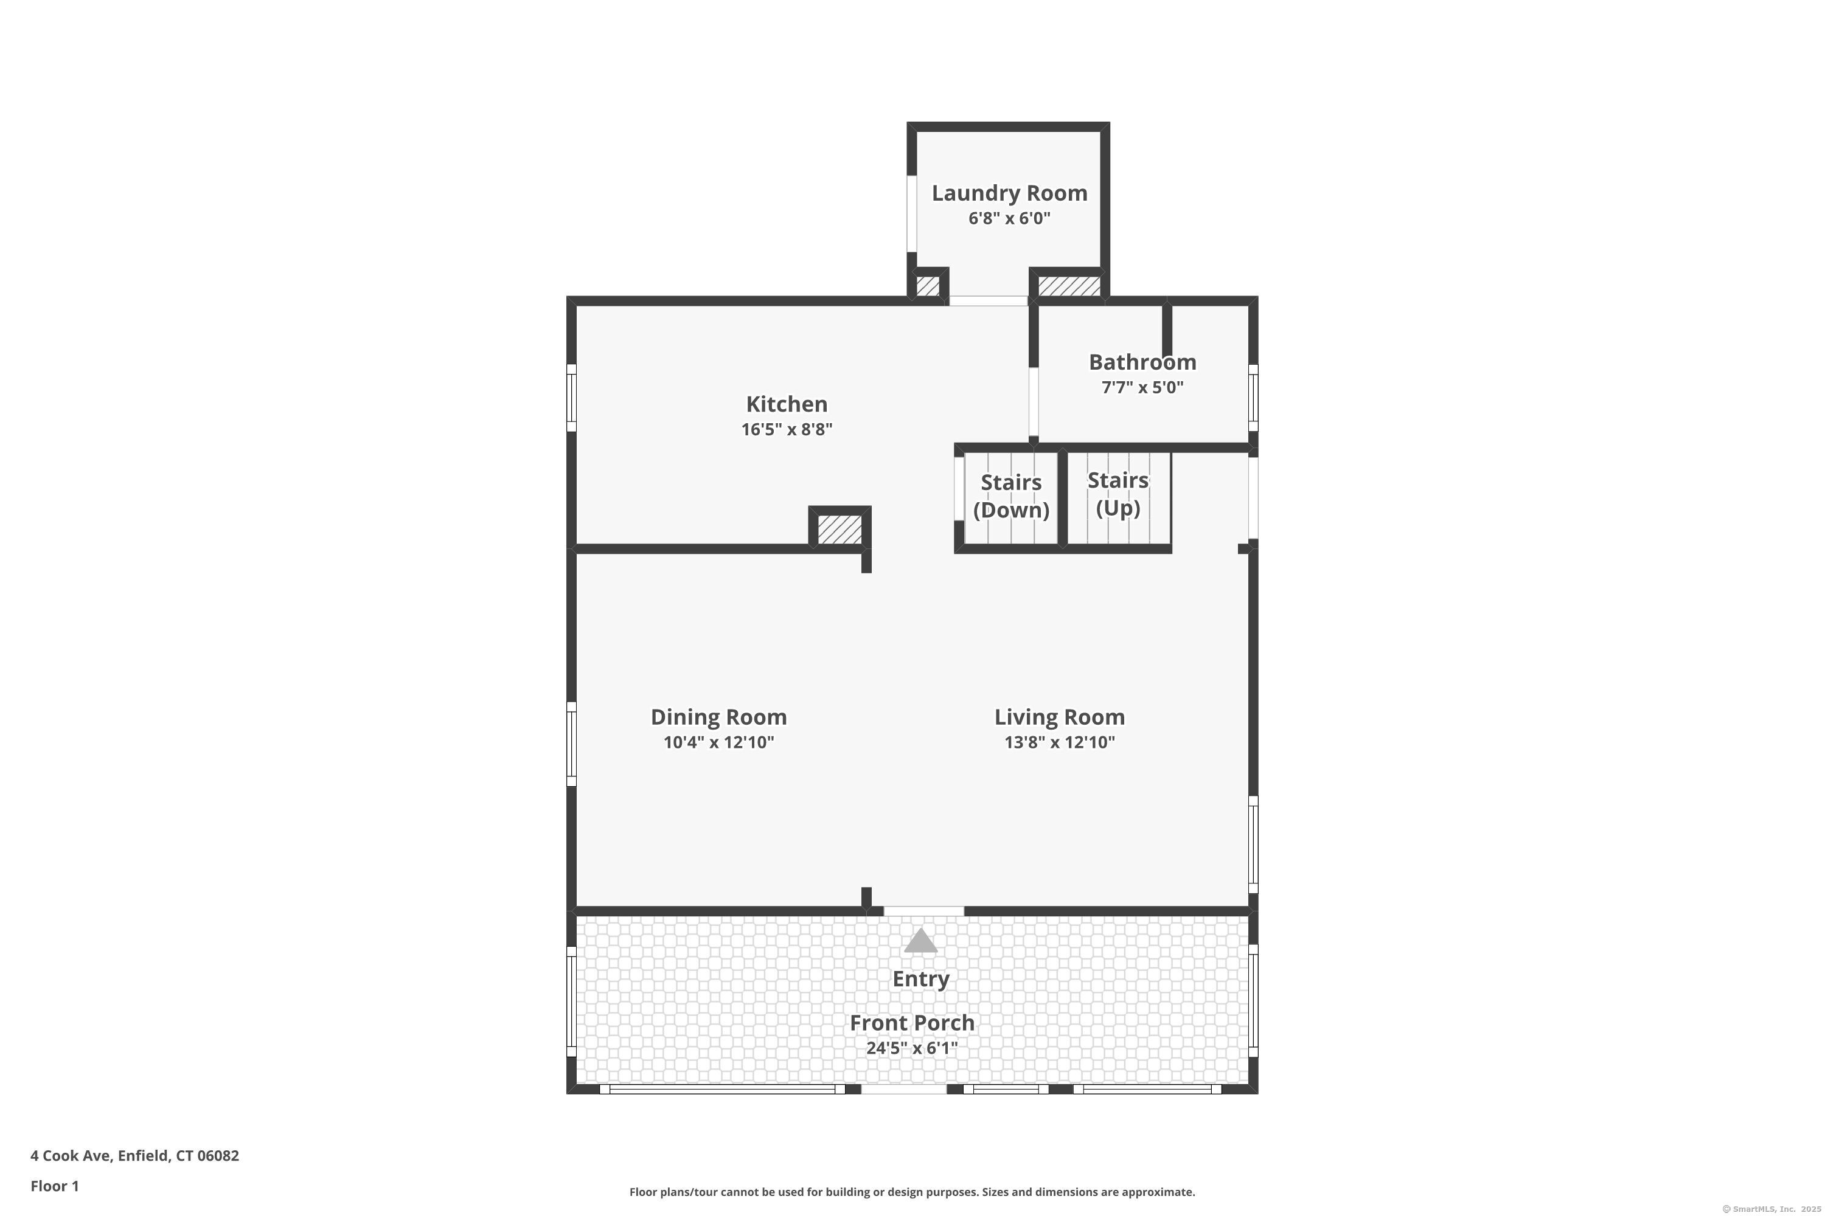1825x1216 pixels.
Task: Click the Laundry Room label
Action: pos(1009,193)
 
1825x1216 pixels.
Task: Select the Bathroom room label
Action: pos(1142,362)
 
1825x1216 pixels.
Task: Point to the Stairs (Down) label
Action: pos(1011,496)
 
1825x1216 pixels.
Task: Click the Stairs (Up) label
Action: pos(1118,494)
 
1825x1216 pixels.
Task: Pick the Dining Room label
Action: pos(718,717)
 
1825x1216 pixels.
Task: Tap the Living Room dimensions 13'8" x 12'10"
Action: pos(1060,743)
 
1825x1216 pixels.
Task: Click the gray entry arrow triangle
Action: pos(921,941)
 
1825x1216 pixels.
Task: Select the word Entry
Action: pos(921,979)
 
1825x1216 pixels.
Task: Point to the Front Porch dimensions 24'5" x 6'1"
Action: pos(912,1048)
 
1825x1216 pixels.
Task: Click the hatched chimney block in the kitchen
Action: pos(840,530)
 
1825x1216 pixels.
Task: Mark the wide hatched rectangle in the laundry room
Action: pos(1069,286)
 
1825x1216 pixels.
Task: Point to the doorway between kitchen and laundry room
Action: pos(989,301)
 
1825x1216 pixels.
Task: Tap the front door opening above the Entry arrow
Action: pos(924,911)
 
